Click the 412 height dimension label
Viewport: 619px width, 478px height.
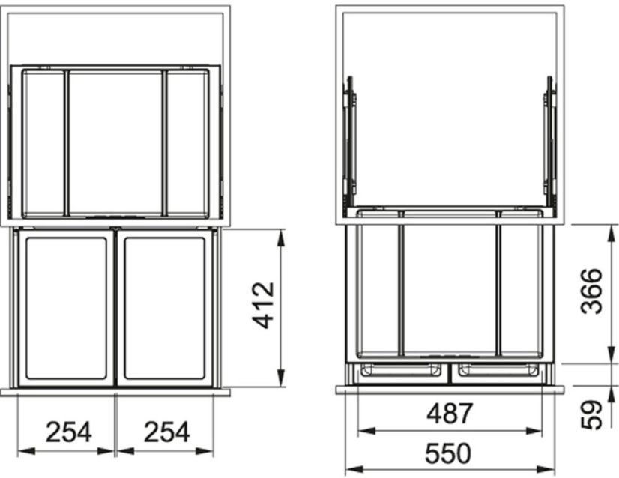[263, 305]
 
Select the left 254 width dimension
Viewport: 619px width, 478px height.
[69, 432]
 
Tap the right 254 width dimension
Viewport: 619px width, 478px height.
[166, 432]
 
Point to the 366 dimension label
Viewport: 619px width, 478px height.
[592, 291]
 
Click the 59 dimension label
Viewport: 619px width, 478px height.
[592, 415]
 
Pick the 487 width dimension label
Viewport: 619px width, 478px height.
[450, 414]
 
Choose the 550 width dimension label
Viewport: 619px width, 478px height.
[448, 453]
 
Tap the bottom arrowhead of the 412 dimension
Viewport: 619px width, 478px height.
[281, 378]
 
